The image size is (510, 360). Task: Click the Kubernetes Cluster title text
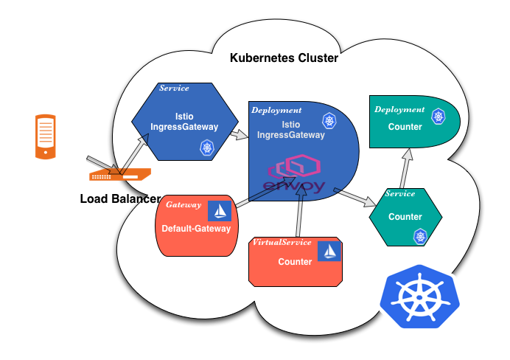pos(284,58)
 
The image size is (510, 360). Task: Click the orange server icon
pos(45,136)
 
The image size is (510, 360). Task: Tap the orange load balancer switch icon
pos(119,175)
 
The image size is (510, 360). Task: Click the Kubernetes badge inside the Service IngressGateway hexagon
pos(207,148)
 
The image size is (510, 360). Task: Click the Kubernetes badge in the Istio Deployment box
pos(329,120)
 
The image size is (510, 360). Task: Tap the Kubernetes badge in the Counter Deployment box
pos(439,116)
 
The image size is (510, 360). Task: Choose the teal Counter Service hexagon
pos(405,216)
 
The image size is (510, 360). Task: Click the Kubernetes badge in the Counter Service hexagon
pos(420,236)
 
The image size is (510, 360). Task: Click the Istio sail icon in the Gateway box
pos(220,211)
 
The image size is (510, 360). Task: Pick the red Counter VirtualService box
pos(295,262)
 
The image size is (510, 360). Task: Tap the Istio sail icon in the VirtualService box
pos(329,251)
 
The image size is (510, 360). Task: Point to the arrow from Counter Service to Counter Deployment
pos(405,167)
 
